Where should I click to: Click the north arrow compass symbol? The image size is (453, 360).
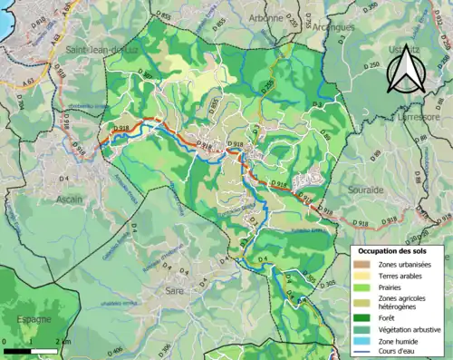(404, 72)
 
